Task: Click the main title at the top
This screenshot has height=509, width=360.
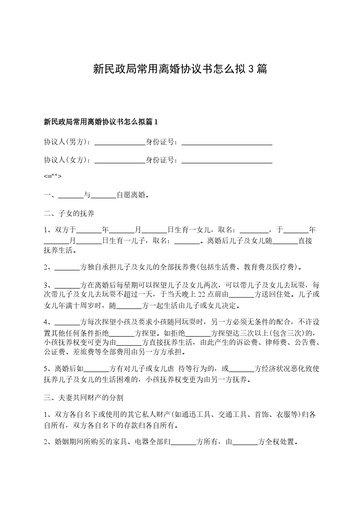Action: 180,69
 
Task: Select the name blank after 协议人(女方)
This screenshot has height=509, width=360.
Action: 119,160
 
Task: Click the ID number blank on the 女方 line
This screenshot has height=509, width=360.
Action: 227,160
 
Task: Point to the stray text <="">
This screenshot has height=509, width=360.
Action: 52,176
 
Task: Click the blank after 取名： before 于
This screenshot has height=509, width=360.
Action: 254,230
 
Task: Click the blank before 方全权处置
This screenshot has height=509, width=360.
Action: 245,442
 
